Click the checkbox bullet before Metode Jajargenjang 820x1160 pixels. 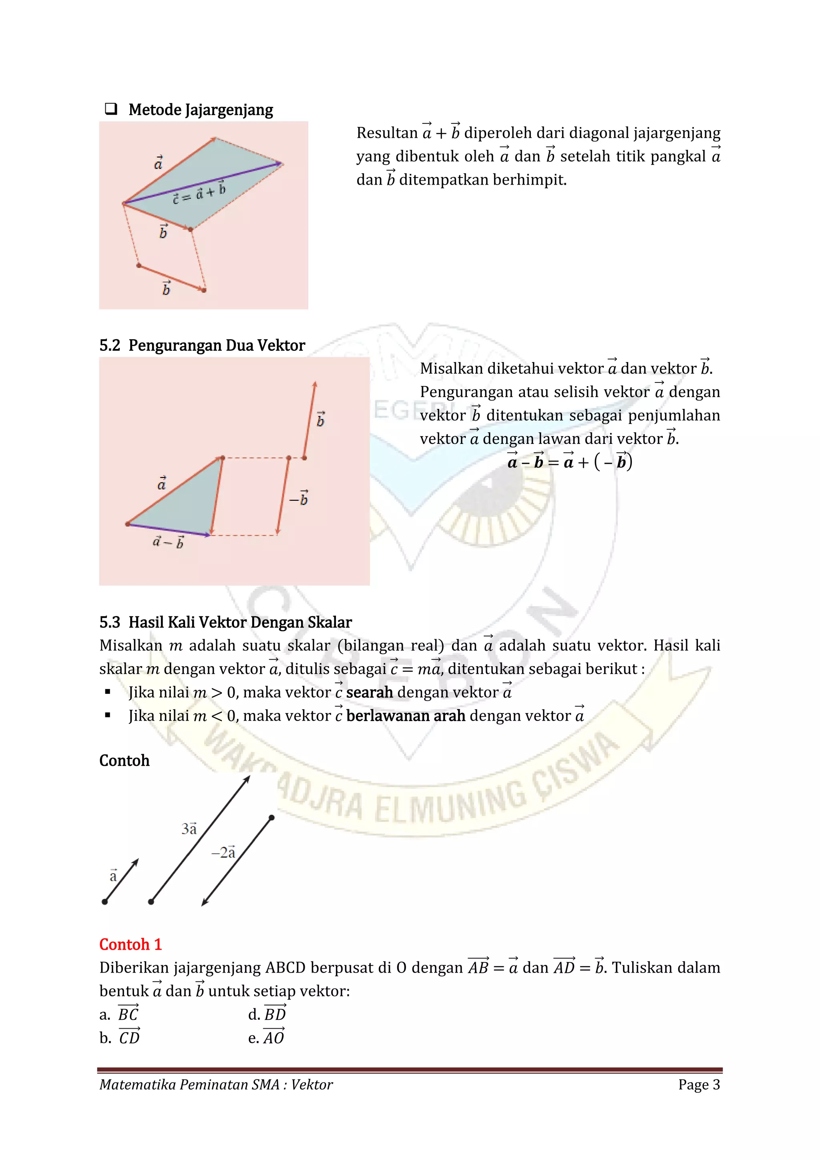[x=111, y=109]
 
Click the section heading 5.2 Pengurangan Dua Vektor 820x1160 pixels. [x=202, y=346]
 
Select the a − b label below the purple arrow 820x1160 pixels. [x=168, y=542]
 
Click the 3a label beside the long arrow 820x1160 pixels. [x=189, y=829]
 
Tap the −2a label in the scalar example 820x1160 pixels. [x=223, y=852]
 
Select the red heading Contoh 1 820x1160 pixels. [x=130, y=944]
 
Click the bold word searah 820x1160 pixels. [x=369, y=692]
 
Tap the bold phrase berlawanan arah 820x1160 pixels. [x=406, y=715]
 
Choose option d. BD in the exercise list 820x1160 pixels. [x=267, y=1014]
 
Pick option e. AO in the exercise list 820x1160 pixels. [x=266, y=1038]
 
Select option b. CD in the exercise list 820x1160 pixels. [x=120, y=1038]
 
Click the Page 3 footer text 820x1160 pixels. [x=699, y=1085]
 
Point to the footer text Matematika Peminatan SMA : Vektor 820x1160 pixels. [x=216, y=1085]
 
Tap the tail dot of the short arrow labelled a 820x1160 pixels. [x=105, y=902]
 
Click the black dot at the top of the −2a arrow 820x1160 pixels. [x=271, y=818]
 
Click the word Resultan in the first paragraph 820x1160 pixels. [x=387, y=133]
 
